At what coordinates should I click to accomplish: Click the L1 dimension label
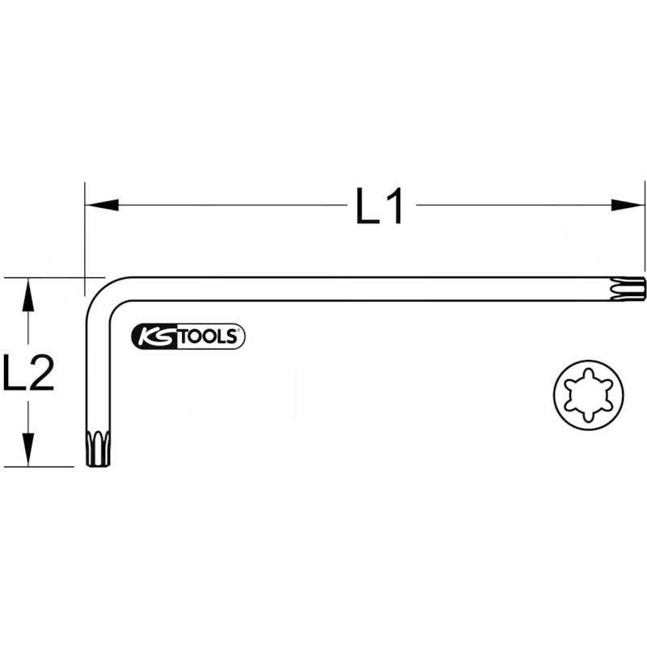click(x=379, y=206)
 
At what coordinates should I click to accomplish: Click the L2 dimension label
click(x=28, y=373)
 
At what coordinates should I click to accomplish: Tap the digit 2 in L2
click(x=41, y=373)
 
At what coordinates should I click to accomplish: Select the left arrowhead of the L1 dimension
click(x=101, y=205)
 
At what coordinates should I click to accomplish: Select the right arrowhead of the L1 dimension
click(x=628, y=205)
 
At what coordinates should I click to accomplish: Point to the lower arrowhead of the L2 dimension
click(x=28, y=450)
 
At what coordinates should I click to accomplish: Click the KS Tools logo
click(x=188, y=336)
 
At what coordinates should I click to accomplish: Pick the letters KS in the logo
click(x=154, y=336)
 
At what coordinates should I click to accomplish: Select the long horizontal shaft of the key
click(x=364, y=289)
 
